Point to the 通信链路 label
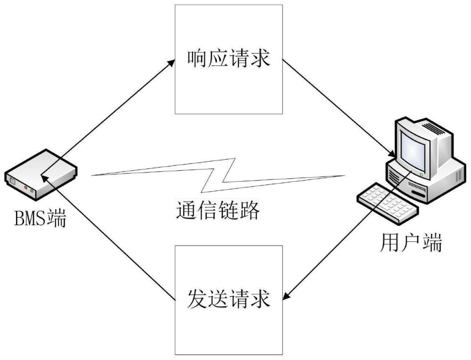[x=218, y=210]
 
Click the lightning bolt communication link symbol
[x=219, y=175]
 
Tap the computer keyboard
[x=388, y=203]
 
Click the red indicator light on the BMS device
[x=26, y=188]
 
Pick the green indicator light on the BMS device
[x=32, y=191]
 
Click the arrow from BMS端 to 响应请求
[x=107, y=117]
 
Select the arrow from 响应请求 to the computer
[x=339, y=108]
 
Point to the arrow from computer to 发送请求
[x=347, y=235]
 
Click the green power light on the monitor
[x=422, y=175]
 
